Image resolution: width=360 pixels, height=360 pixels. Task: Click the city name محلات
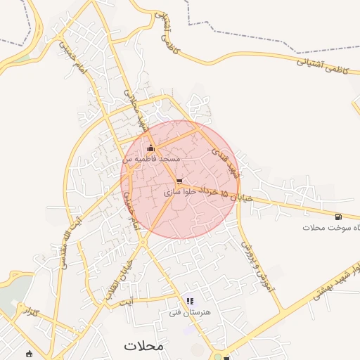pyautogui.click(x=143, y=345)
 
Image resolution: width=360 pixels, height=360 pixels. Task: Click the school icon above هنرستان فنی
pyautogui.click(x=190, y=301)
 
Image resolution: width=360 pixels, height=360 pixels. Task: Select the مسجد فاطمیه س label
pyautogui.click(x=152, y=159)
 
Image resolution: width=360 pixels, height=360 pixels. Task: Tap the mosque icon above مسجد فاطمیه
pyautogui.click(x=150, y=148)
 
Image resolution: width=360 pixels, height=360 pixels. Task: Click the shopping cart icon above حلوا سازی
pyautogui.click(x=180, y=181)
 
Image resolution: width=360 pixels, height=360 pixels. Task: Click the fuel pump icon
pyautogui.click(x=339, y=217)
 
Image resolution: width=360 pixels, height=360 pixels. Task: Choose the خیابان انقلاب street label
pyautogui.click(x=120, y=278)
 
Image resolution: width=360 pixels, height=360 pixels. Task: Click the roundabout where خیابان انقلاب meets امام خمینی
pyautogui.click(x=143, y=242)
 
